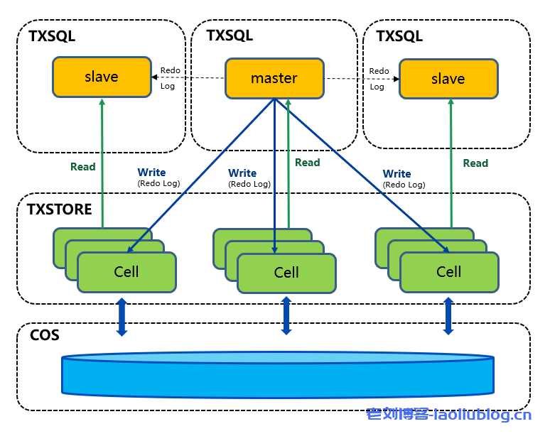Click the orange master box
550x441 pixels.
click(274, 78)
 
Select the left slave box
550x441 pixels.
click(102, 77)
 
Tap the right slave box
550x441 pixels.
click(448, 79)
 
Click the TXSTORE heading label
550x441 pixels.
click(60, 209)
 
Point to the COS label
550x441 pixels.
click(45, 334)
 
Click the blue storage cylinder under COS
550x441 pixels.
click(277, 375)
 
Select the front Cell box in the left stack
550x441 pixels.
click(126, 272)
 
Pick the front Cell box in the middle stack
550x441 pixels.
click(286, 273)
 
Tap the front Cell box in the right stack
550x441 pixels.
click(448, 272)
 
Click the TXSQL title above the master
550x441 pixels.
click(230, 36)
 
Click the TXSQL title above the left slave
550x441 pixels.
click(52, 36)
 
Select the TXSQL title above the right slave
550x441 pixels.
click(399, 36)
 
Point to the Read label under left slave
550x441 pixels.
click(82, 167)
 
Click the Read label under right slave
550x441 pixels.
click(475, 163)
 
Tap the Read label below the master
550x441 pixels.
click(307, 163)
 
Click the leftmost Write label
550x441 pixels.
click(151, 173)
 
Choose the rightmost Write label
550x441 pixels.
click(397, 174)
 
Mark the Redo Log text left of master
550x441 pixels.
click(170, 78)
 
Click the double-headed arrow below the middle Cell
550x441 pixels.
click(286, 316)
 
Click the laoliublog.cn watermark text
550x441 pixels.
click(448, 415)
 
